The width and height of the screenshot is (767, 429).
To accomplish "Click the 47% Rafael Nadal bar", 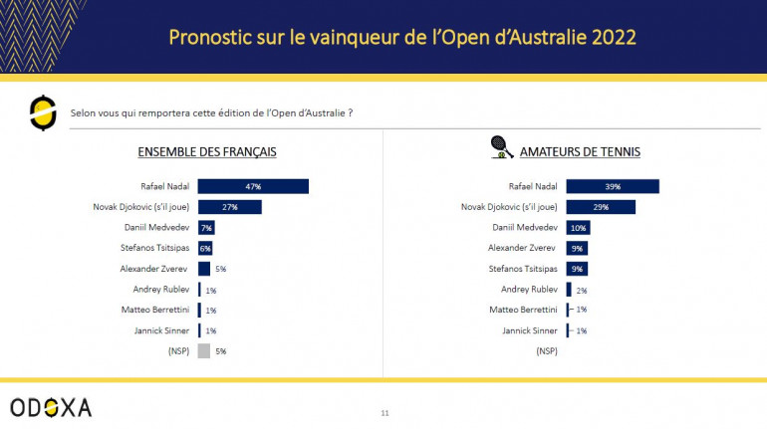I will tap(253, 186).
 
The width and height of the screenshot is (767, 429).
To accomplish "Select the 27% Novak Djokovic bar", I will tap(229, 207).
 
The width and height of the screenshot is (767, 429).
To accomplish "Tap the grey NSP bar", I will tap(203, 350).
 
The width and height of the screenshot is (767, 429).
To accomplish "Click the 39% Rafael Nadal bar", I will tap(613, 186).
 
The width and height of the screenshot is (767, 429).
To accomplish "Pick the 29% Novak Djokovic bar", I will tap(601, 207).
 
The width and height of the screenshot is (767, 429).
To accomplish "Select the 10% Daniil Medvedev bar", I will tap(578, 228).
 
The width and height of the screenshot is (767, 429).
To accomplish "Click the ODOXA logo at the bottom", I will tap(51, 407).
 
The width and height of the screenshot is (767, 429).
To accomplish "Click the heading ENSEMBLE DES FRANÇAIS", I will tap(206, 152).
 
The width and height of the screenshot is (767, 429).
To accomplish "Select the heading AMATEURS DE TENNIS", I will tap(580, 152).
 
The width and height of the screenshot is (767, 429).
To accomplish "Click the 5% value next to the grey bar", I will tap(221, 350).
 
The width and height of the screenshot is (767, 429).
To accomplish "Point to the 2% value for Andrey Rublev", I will tap(582, 290).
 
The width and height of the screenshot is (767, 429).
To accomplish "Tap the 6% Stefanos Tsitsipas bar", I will tap(205, 248).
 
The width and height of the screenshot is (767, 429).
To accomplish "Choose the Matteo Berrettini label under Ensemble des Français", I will tap(155, 310).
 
